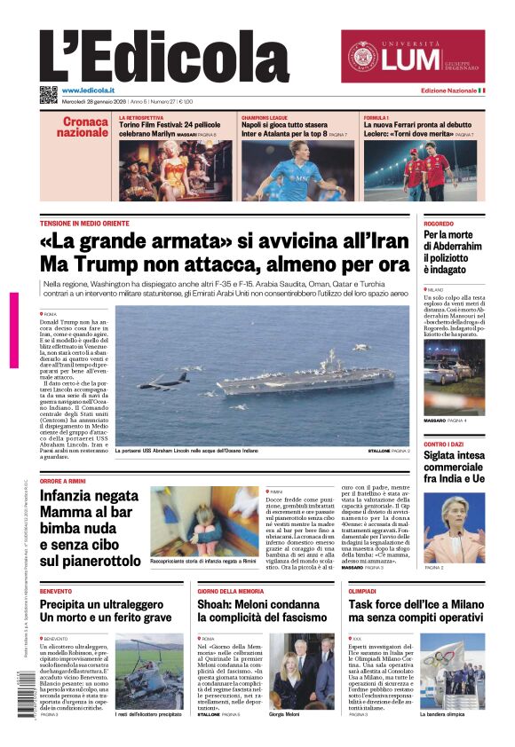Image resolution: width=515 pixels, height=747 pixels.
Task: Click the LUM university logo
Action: coord(413,57)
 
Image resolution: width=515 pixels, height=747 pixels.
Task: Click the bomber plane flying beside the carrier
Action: coord(163,382)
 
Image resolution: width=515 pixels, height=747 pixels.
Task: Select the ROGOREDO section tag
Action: coord(439,224)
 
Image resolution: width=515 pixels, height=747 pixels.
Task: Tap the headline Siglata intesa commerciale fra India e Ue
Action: coord(454,468)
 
